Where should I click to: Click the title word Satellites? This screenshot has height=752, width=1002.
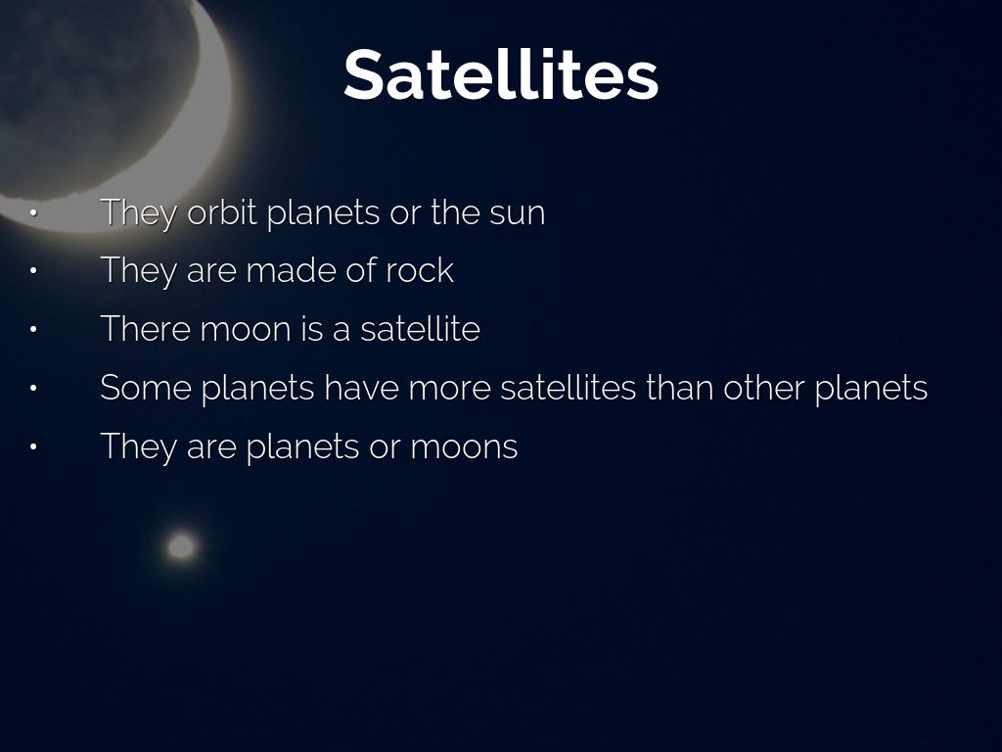tap(501, 74)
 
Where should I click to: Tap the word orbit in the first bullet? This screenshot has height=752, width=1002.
tap(222, 211)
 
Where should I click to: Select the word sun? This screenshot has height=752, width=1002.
tap(517, 214)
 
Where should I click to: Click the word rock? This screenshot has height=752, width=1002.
tap(420, 270)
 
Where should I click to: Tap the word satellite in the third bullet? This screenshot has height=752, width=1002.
tap(420, 329)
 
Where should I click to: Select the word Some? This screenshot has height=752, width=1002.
tap(146, 388)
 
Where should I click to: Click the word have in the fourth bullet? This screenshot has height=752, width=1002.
tap(362, 388)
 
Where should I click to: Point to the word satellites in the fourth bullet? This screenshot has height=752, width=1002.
tap(569, 388)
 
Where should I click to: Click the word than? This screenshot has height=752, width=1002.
tap(679, 388)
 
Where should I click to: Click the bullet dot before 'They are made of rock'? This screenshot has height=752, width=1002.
tap(33, 271)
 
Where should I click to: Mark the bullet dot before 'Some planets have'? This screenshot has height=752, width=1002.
tap(33, 388)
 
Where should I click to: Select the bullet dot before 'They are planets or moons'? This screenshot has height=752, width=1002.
tap(33, 446)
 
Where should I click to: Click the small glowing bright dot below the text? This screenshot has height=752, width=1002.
tap(181, 546)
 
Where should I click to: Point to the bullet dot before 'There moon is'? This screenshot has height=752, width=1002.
tap(33, 330)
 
